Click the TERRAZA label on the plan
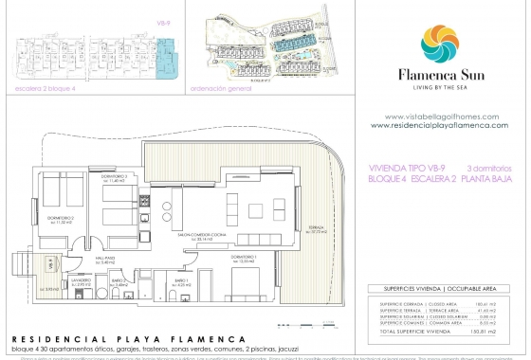point(315,227)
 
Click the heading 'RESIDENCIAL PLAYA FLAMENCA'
point(127,338)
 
